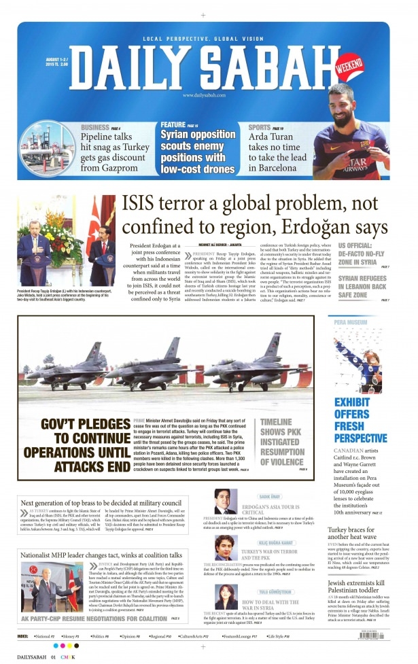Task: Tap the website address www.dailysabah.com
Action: pos(203,95)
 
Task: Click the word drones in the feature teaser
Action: pos(217,168)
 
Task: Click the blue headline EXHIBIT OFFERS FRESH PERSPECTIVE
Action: pos(360,419)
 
